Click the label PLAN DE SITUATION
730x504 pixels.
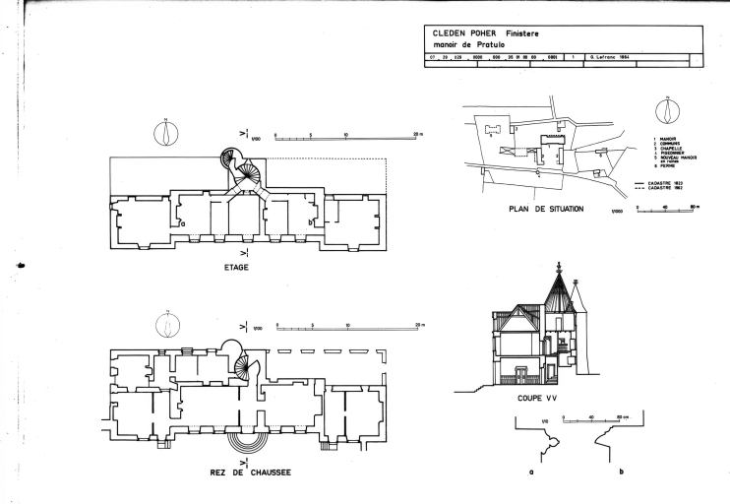click(547, 209)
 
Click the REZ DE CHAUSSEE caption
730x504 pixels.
click(250, 472)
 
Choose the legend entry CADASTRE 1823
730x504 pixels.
click(671, 183)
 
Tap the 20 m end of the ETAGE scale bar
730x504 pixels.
click(418, 132)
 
